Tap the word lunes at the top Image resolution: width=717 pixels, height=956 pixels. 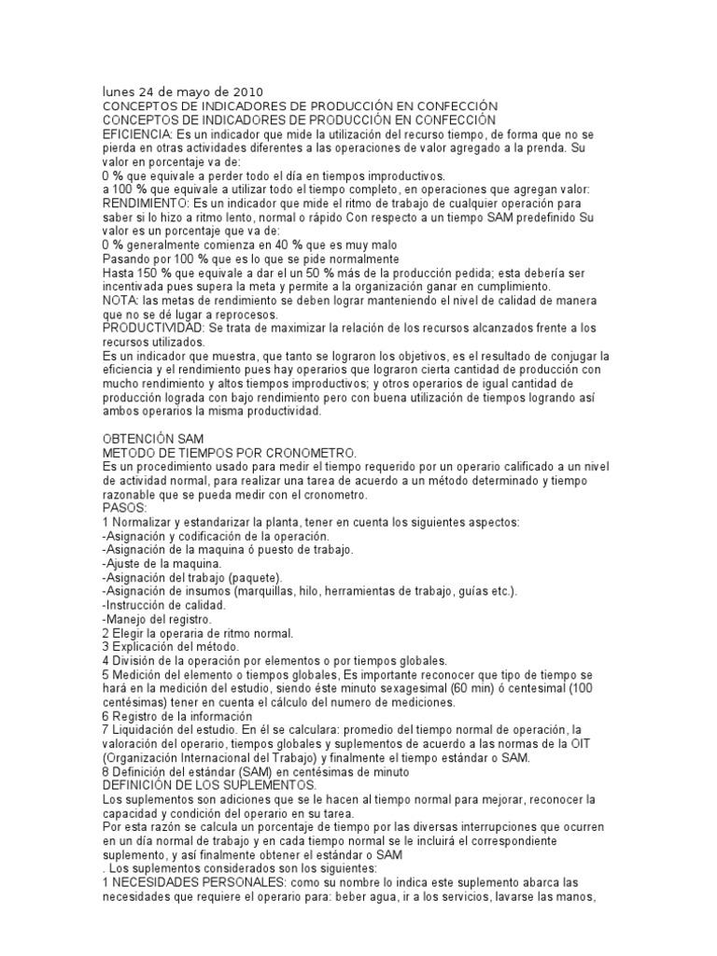pyautogui.click(x=119, y=92)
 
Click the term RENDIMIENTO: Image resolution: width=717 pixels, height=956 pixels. pyautogui.click(x=145, y=204)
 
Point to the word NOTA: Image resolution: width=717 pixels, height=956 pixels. pyautogui.click(x=119, y=301)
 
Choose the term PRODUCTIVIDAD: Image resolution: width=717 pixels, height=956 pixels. pyautogui.click(x=154, y=328)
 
